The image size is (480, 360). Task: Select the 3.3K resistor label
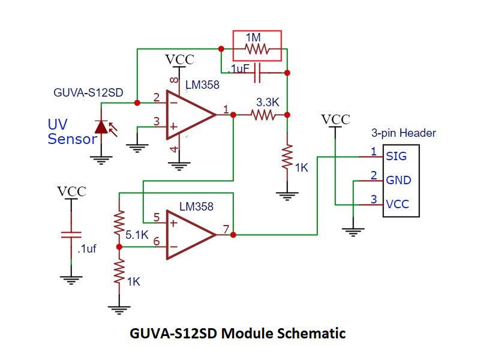coord(268,102)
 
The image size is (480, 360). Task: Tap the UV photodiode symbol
coord(102,127)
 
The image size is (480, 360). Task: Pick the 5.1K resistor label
coord(137,235)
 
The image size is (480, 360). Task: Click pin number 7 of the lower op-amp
coord(225,229)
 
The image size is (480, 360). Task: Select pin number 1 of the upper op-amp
coord(226,109)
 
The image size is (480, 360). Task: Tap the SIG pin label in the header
coord(396,157)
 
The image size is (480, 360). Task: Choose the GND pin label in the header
coord(398,180)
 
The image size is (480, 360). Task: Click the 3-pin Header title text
coord(403,133)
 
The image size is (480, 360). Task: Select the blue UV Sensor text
coord(72,133)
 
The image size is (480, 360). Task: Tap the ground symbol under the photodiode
coord(102,159)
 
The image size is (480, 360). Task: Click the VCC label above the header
coord(335,119)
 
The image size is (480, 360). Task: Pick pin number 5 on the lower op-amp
coord(156,218)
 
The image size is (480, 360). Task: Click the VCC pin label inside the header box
coord(397,204)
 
